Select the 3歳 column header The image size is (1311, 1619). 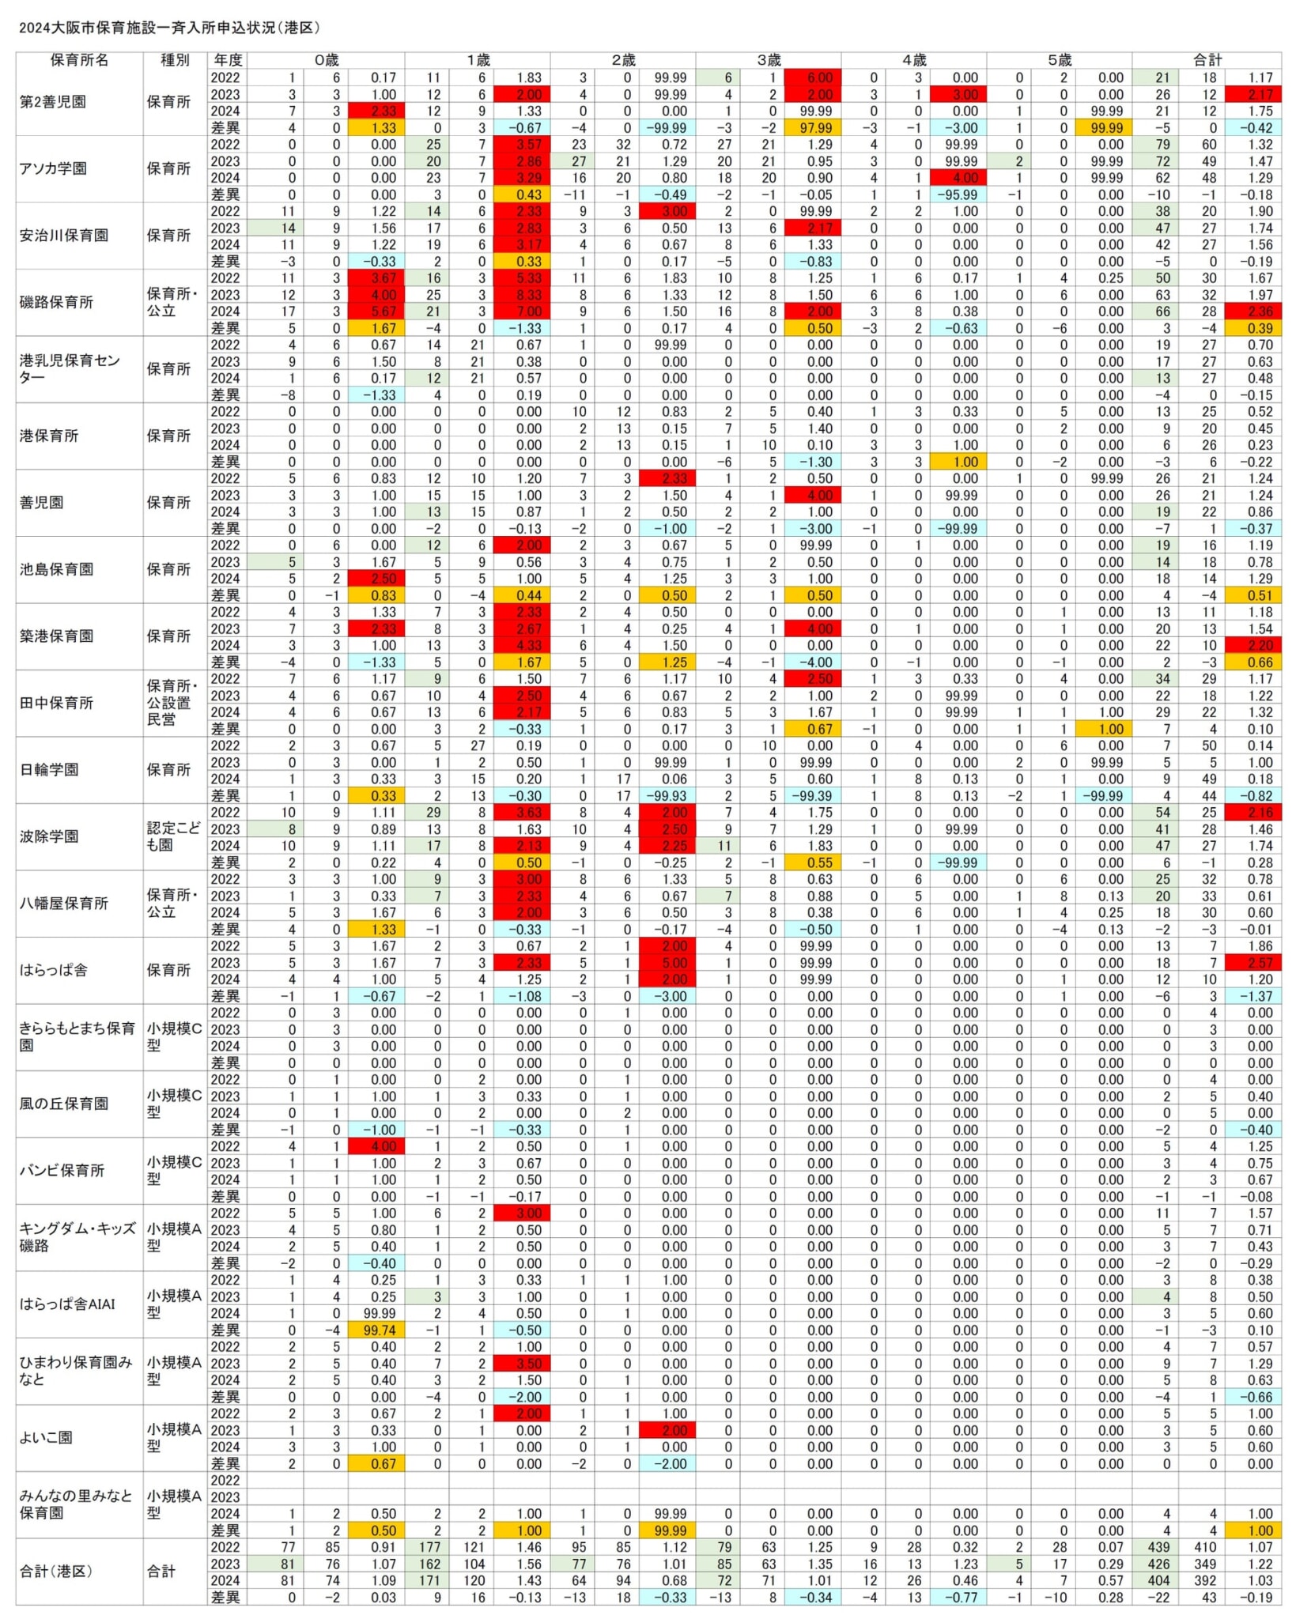click(x=768, y=60)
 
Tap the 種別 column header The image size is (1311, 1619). click(x=175, y=60)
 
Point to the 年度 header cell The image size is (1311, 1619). click(x=228, y=60)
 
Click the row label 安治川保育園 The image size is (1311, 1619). click(x=64, y=236)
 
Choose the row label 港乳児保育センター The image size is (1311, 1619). click(x=70, y=368)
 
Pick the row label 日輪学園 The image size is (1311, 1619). click(x=49, y=769)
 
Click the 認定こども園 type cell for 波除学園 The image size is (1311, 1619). click(x=174, y=836)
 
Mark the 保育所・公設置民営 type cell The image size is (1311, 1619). click(x=168, y=702)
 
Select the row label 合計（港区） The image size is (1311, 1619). click(x=56, y=1571)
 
